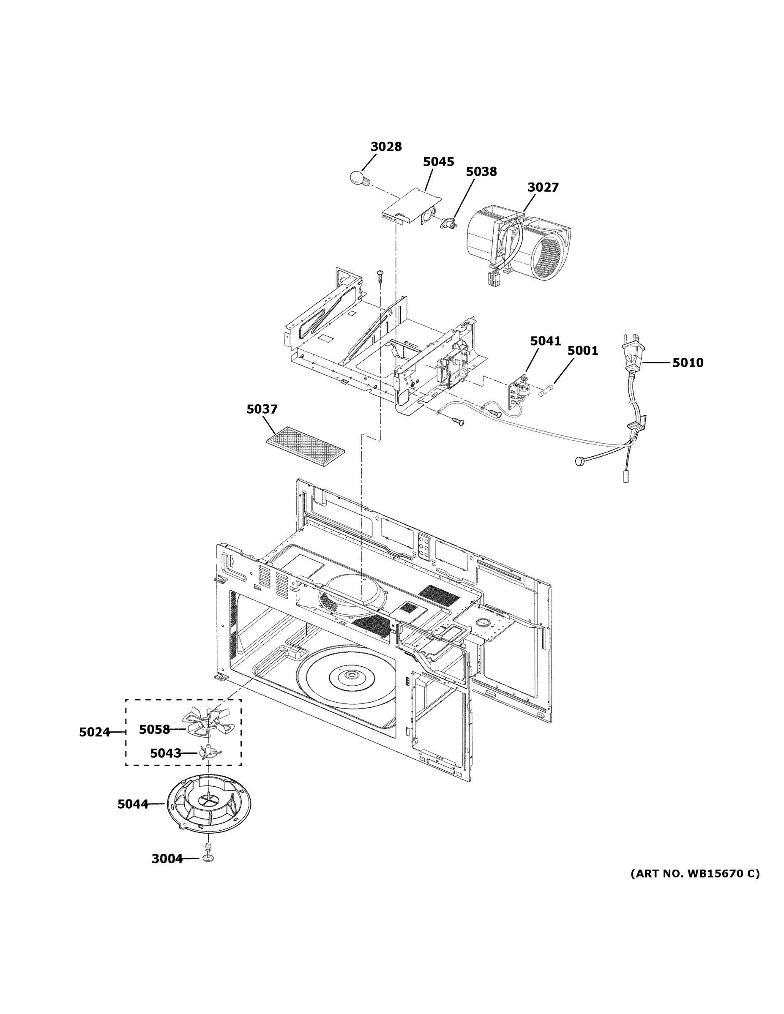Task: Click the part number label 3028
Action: click(x=386, y=147)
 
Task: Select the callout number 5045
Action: click(x=438, y=162)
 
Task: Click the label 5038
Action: click(x=481, y=172)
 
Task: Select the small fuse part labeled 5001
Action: click(x=547, y=391)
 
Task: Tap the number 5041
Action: click(x=545, y=341)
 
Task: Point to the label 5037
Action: click(x=262, y=409)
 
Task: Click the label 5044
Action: click(x=133, y=804)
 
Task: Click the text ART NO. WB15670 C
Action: click(x=695, y=874)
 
